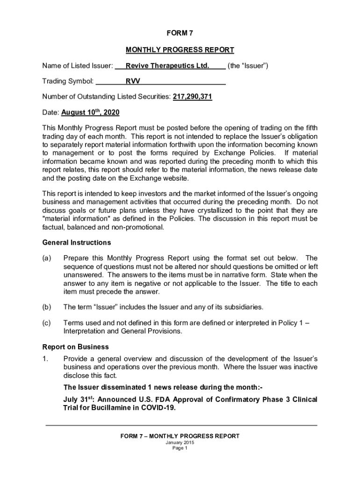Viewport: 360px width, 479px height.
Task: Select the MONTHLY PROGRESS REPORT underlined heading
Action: [180, 50]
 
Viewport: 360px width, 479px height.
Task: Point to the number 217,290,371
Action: [193, 97]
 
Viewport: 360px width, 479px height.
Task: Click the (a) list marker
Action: [47, 258]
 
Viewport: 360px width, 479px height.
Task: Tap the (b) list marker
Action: [47, 307]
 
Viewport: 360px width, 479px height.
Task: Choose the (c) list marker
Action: [47, 323]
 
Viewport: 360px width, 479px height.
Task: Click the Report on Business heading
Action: [76, 347]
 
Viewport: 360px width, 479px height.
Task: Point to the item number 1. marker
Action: [45, 358]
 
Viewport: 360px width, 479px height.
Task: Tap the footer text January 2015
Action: [180, 442]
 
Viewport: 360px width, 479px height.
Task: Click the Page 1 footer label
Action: [180, 448]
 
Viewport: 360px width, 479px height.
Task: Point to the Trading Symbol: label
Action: [68, 81]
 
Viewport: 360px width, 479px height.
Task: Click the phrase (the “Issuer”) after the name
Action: [248, 66]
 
